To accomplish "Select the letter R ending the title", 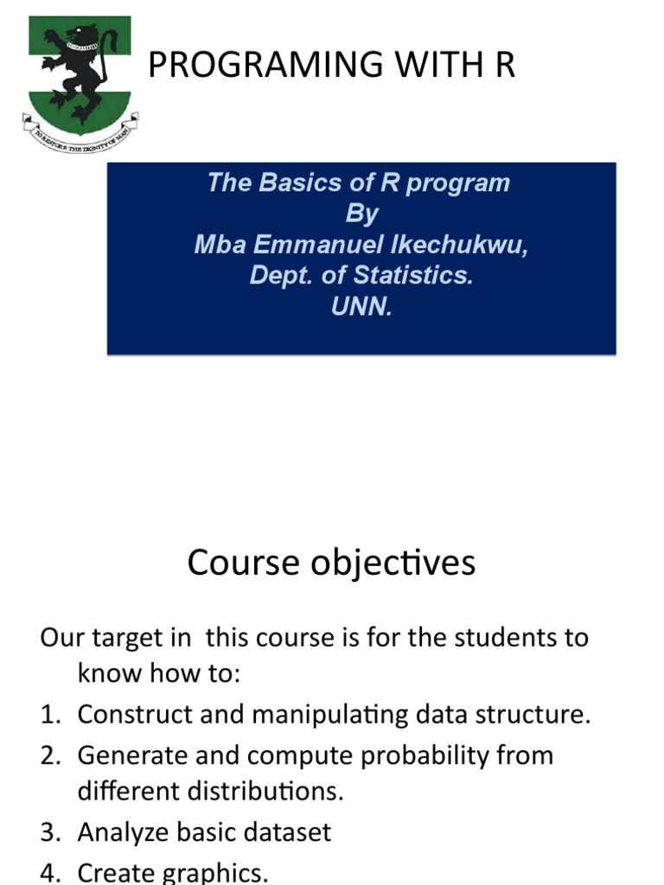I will tap(505, 66).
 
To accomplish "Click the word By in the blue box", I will tap(361, 213).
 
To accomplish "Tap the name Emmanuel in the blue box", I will tap(315, 245).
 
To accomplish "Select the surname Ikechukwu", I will tap(459, 245).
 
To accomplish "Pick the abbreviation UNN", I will tap(361, 307).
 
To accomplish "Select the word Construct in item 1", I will tap(131, 715).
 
